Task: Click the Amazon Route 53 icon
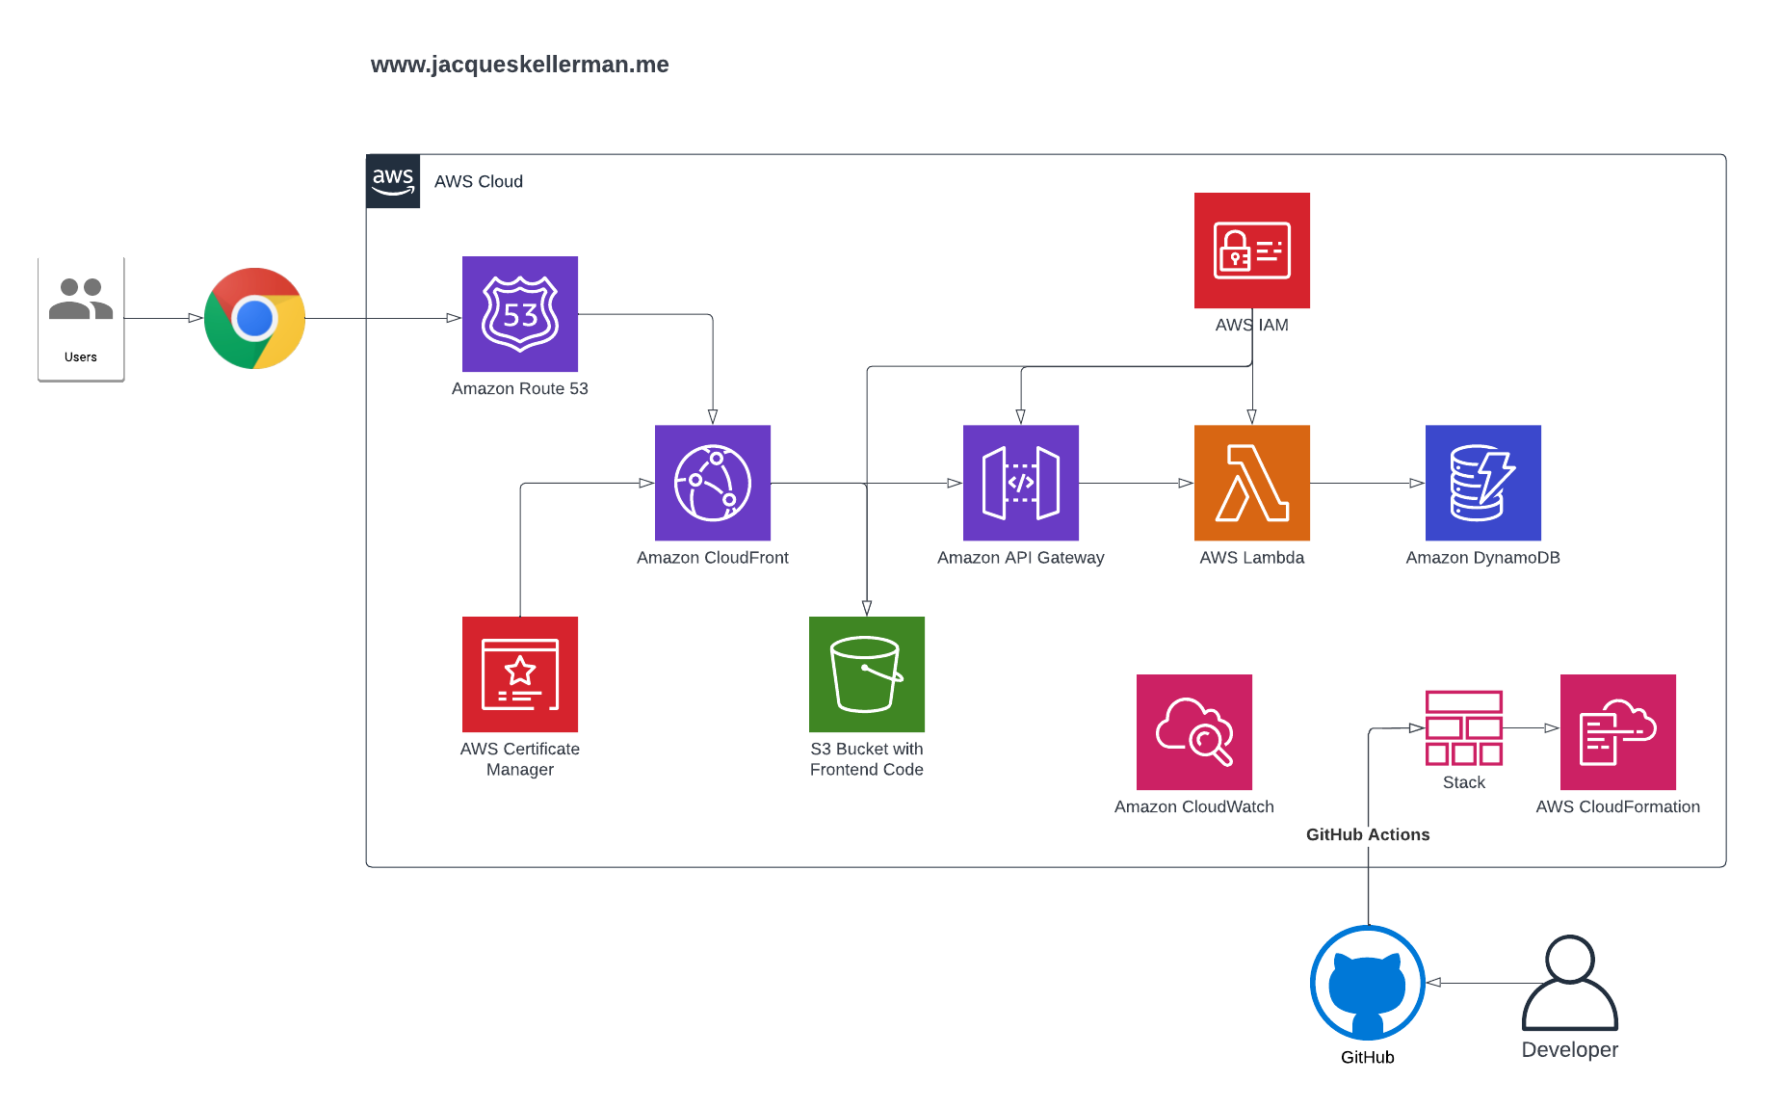[520, 314]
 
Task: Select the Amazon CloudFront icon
[713, 483]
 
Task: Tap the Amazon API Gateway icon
[1021, 483]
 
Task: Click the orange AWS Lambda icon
[1252, 483]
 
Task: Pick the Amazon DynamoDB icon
[1483, 483]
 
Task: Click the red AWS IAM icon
[1252, 251]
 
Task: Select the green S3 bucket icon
[867, 674]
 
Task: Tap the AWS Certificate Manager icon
[520, 674]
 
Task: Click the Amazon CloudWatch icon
[1194, 732]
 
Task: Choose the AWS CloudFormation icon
[1618, 732]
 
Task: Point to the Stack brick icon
[1464, 728]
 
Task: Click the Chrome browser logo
[255, 318]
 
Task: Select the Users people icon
[81, 300]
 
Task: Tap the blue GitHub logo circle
[1368, 983]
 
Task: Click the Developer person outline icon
[1570, 983]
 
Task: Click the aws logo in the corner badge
[393, 180]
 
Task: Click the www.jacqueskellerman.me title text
[519, 65]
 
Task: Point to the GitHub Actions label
[1368, 834]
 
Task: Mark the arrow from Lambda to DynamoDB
[1368, 483]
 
